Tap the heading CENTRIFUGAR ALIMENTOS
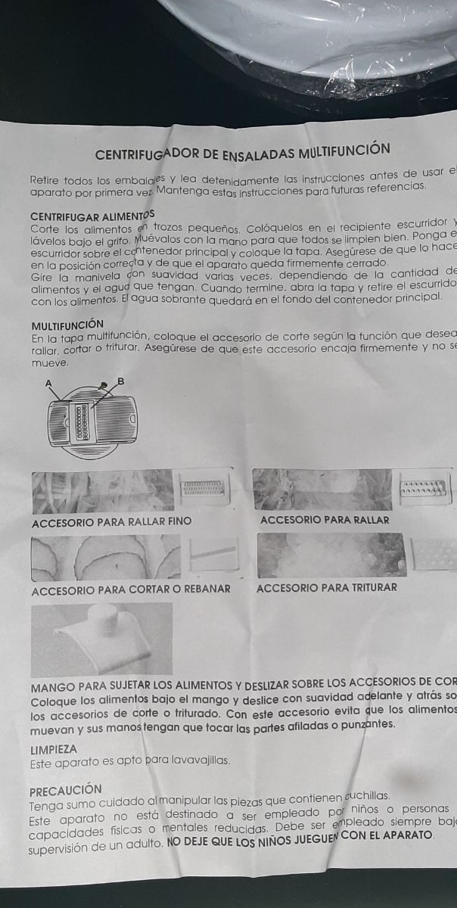(91, 216)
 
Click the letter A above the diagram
(49, 384)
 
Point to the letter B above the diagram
(121, 381)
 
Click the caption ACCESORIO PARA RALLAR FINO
(112, 521)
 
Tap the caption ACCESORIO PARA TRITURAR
(327, 587)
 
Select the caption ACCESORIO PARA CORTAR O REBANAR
(131, 589)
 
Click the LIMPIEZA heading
(54, 749)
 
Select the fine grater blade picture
(203, 490)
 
